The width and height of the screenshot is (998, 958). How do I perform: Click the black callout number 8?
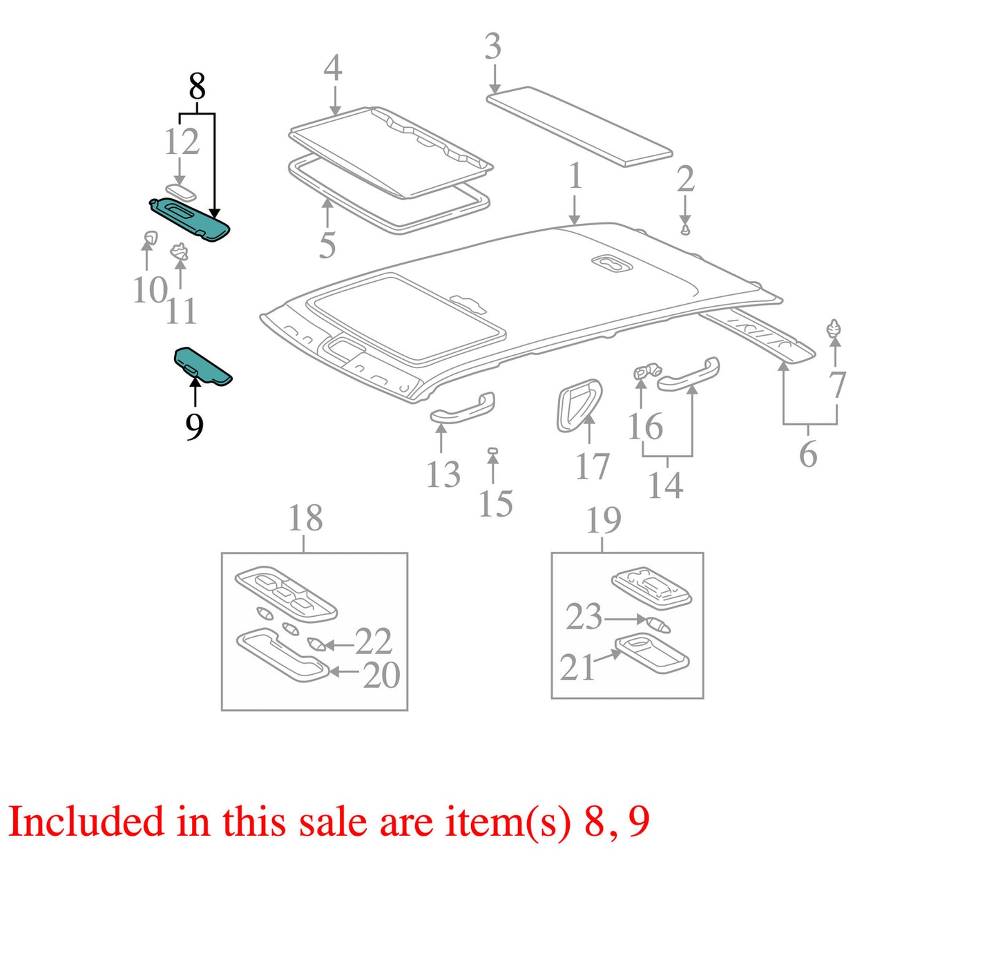click(197, 86)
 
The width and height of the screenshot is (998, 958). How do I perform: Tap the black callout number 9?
click(194, 428)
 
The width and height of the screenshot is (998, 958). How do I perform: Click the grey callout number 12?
click(182, 142)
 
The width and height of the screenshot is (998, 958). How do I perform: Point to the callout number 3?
click(493, 46)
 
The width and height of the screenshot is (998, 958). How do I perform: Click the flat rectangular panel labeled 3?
click(579, 126)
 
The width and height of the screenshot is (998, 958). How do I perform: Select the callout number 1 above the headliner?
click(576, 176)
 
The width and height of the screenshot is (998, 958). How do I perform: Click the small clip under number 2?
click(684, 230)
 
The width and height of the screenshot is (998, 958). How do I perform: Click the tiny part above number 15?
click(492, 451)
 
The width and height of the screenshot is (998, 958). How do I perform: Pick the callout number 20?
click(381, 676)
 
